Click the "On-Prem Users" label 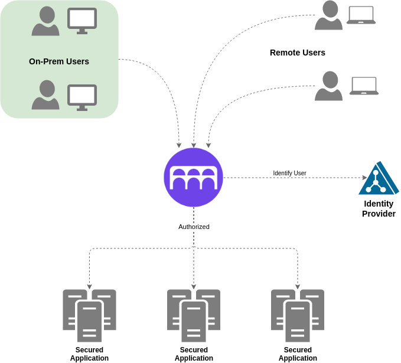pos(59,61)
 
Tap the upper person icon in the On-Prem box pos(45,21)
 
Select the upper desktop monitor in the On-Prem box pos(82,21)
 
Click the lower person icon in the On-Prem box pos(45,95)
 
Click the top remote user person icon pos(328,15)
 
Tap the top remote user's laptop pos(361,15)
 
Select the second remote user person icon pos(328,86)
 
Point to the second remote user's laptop pos(364,86)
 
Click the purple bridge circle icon pos(193,177)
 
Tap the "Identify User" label pos(289,173)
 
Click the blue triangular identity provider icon pos(378,179)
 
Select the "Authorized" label pos(194,227)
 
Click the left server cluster pos(90,315)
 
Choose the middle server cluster pos(194,315)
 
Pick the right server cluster pos(298,315)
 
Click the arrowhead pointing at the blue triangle pos(363,177)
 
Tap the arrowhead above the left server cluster pos(90,287)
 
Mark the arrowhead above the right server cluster pos(298,287)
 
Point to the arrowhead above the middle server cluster pos(194,287)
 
